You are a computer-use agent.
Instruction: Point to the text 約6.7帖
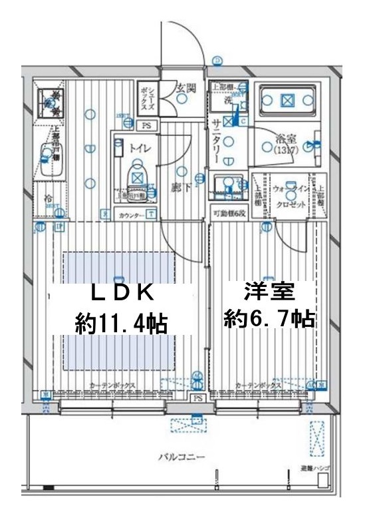pos(269,320)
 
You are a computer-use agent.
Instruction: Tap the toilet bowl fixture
pos(136,176)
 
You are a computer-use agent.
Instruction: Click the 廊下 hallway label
pos(178,188)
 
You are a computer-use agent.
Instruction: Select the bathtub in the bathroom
pos(287,101)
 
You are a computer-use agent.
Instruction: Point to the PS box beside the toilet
pos(147,125)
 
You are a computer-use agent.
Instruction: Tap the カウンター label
pos(130,214)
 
